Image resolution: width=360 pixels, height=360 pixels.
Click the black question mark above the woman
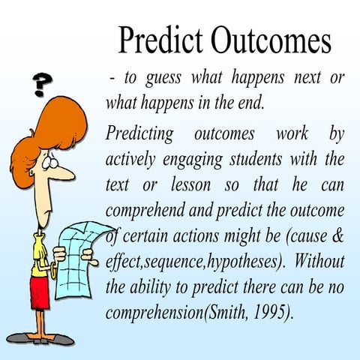(x=43, y=83)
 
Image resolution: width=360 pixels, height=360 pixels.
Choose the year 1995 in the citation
(x=268, y=310)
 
